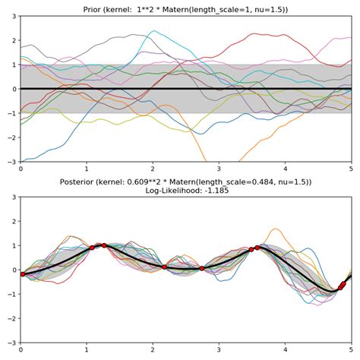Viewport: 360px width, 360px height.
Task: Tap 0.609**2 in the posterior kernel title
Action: [x=145, y=183]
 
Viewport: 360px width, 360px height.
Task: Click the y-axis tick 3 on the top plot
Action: [x=13, y=16]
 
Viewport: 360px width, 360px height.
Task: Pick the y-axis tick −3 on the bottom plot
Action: [x=11, y=343]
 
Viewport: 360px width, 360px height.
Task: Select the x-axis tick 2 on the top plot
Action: [x=153, y=169]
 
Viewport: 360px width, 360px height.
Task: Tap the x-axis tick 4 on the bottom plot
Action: [x=286, y=350]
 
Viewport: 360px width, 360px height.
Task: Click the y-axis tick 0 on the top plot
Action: [x=13, y=89]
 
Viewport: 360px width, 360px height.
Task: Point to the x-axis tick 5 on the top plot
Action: [x=351, y=169]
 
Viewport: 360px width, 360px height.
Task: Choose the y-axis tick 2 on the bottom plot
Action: [x=13, y=221]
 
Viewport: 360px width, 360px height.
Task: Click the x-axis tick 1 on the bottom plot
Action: [x=87, y=350]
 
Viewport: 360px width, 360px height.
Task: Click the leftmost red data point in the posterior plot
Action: [x=22, y=274]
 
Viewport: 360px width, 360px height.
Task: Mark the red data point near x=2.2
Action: [x=164, y=267]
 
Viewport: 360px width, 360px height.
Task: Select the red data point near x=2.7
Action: [x=201, y=268]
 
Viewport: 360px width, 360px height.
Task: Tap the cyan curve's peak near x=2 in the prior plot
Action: [x=154, y=32]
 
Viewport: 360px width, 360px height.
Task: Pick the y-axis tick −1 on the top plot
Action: [x=11, y=113]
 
